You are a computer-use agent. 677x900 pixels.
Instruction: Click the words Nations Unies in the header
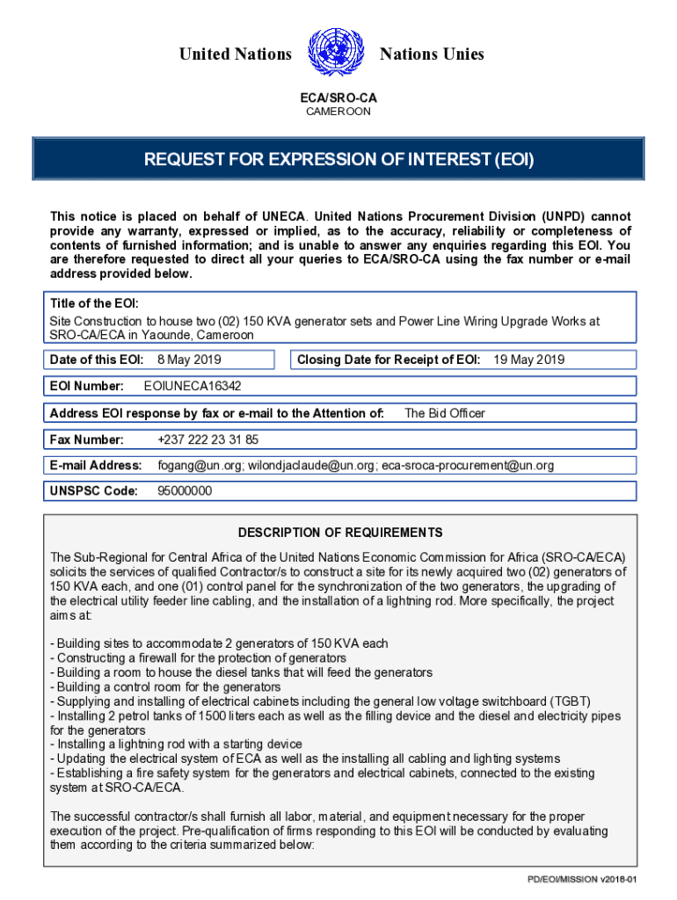pos(432,54)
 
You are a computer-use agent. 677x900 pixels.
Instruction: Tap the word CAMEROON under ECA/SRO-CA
pos(338,112)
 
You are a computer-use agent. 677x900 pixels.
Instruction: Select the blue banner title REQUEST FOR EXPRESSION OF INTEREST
pos(338,160)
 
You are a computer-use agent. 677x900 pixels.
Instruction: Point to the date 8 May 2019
pos(189,359)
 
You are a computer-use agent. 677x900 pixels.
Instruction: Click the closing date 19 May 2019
pos(529,359)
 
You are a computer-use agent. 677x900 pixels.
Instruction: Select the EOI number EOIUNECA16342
pos(193,386)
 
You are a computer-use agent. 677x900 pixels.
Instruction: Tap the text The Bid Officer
pos(445,413)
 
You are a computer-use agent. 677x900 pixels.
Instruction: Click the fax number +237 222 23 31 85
pos(208,439)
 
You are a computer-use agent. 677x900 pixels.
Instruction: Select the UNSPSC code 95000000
pos(185,491)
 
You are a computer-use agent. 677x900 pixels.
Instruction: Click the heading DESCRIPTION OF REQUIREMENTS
pos(340,533)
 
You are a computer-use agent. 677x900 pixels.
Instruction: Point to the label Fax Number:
pos(87,439)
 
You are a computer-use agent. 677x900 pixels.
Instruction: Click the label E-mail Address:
pos(96,466)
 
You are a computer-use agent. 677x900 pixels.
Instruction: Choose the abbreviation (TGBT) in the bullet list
pos(561,701)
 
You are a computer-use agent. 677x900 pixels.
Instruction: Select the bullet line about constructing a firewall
pos(199,658)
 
